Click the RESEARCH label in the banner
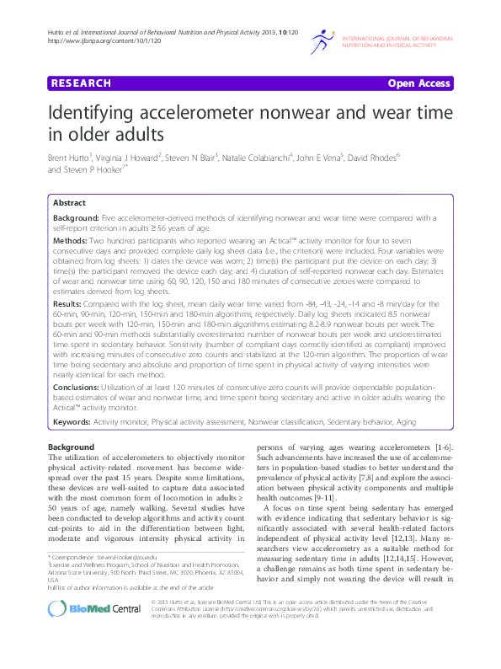81,83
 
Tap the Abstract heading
69,203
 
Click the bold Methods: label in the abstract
72,240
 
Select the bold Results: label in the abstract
67,302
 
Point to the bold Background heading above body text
71,446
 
